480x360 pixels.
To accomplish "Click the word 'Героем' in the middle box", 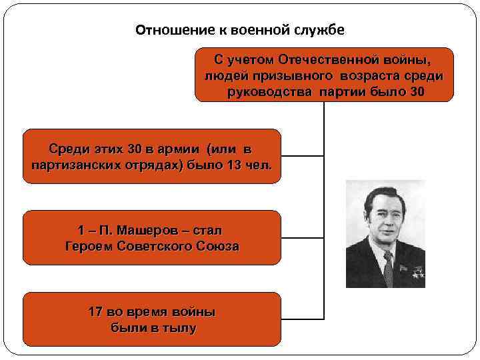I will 88,246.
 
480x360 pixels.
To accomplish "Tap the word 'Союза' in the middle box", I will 217,246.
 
